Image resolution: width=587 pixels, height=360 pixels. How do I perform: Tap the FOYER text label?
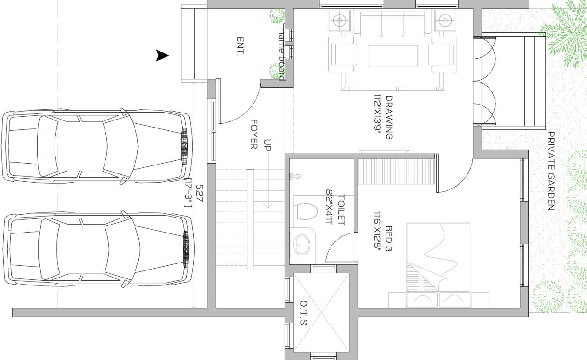point(254,134)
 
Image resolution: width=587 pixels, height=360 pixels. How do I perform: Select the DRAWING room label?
point(389,118)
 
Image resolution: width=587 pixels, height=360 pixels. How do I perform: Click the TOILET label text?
point(341,210)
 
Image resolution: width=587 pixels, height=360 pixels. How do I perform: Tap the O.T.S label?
point(303,313)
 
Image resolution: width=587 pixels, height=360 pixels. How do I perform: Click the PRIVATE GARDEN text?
point(551,171)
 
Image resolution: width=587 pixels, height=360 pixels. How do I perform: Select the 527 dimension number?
point(199,193)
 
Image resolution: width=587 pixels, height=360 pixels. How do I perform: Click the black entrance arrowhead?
point(162,56)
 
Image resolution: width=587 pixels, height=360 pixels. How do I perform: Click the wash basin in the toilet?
point(301,244)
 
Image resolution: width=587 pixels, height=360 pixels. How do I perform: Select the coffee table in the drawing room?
point(393,55)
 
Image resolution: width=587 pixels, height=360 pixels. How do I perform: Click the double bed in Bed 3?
point(438,265)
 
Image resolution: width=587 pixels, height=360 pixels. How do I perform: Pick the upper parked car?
point(96,146)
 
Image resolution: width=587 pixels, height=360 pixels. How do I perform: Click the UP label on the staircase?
point(267,145)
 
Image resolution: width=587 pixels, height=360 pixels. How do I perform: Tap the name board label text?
point(282,54)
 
